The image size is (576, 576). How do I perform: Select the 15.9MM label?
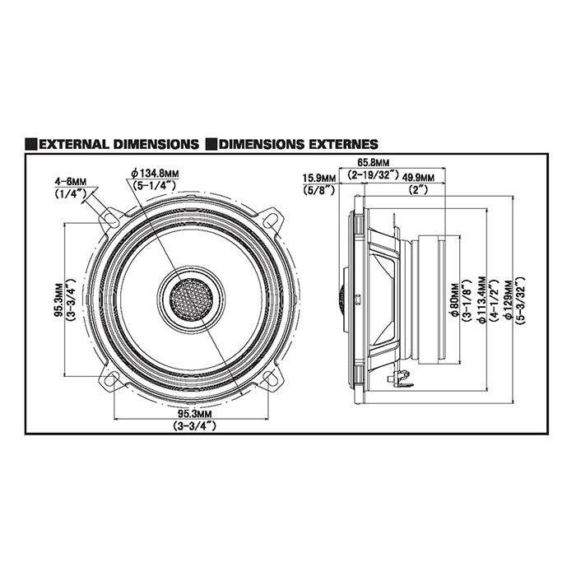[318, 177]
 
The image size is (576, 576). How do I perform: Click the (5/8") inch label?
[318, 189]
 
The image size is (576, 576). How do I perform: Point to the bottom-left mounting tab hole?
[109, 379]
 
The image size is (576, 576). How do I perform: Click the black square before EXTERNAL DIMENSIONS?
[30, 144]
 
